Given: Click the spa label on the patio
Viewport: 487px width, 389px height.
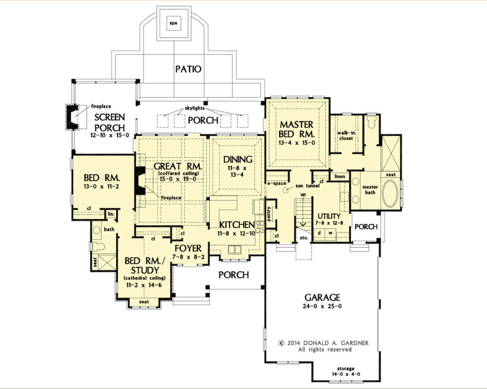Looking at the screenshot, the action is point(173,23).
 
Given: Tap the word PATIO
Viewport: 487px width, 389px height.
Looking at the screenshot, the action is point(188,69).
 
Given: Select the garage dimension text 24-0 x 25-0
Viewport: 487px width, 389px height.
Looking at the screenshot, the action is point(322,306).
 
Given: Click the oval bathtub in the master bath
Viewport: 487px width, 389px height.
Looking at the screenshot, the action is point(390,193).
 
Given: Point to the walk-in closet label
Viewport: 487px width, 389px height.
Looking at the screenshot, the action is point(346,136).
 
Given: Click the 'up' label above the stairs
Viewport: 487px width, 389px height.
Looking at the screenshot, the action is point(303,194).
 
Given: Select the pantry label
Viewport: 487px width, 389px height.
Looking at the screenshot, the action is point(269,214).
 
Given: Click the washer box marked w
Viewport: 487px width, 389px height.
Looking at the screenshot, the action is point(331,233).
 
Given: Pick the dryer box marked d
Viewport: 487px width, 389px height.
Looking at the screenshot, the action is point(319,233).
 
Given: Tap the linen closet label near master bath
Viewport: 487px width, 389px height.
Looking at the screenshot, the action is point(340,176).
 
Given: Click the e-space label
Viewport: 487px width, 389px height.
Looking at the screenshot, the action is point(277,183).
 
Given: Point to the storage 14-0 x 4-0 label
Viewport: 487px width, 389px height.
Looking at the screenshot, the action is point(346,372).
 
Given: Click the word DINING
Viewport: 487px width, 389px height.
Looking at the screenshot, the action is point(238,160).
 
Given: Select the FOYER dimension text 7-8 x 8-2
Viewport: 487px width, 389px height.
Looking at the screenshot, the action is point(188,257).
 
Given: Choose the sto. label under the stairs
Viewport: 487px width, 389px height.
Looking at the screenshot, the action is point(304,238).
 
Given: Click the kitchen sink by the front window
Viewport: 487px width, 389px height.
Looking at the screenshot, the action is point(234,249).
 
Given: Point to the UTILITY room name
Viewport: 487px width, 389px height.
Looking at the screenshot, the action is point(329,216).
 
